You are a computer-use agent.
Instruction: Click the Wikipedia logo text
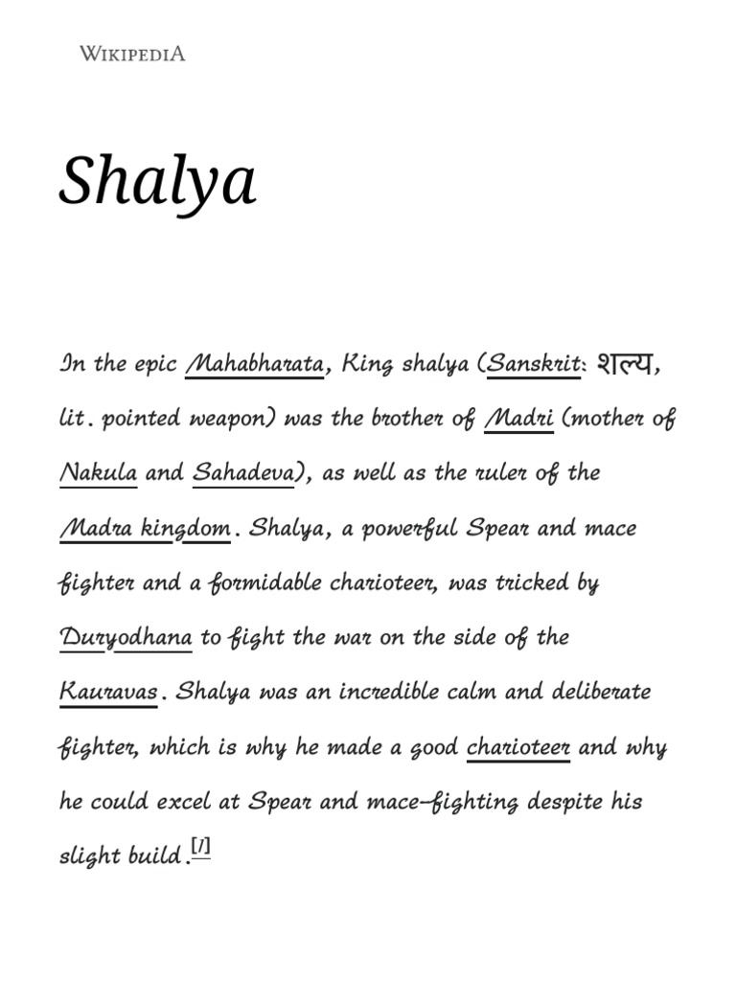pyautogui.click(x=132, y=54)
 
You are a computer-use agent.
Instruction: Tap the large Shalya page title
pyautogui.click(x=157, y=181)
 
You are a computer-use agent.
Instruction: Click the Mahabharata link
pyautogui.click(x=254, y=365)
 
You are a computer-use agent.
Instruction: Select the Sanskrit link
pyautogui.click(x=534, y=365)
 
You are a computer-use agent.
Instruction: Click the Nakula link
pyautogui.click(x=98, y=474)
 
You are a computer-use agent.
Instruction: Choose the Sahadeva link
pyautogui.click(x=243, y=474)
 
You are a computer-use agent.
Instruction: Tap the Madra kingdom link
pyautogui.click(x=145, y=529)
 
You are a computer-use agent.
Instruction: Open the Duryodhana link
pyautogui.click(x=126, y=638)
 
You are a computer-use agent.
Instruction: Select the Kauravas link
pyautogui.click(x=108, y=693)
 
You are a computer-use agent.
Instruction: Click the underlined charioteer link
pyautogui.click(x=517, y=747)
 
